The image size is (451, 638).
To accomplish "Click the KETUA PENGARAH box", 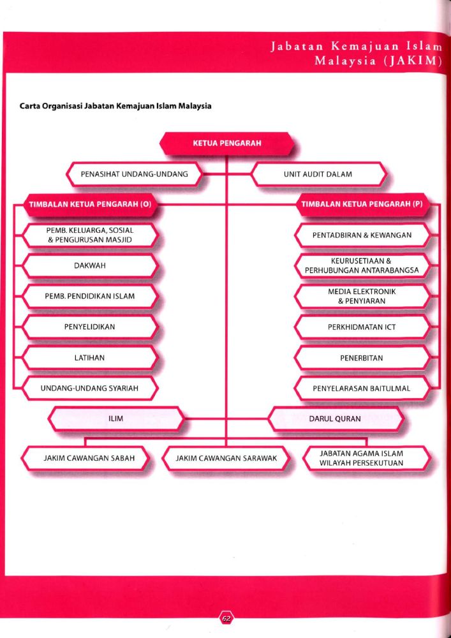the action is (225, 143).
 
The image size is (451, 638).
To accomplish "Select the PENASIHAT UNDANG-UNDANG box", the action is (134, 174).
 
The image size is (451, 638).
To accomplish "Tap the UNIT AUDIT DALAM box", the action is (318, 174).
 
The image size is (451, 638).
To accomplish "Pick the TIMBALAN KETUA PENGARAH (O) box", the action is (89, 204).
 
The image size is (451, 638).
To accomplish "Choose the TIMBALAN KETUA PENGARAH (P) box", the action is (361, 204).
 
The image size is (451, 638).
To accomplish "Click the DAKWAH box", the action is (89, 265).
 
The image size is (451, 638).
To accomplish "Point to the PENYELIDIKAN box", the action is (89, 327).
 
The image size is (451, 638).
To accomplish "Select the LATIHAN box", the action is (89, 358).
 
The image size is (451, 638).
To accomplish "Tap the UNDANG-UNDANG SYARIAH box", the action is (89, 389).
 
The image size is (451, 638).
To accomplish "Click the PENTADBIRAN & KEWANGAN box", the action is (362, 235).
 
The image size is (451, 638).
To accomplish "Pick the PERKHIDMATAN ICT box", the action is (362, 327).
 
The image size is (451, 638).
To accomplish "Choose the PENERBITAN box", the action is (362, 358).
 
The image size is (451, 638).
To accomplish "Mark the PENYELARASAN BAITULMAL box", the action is (362, 389).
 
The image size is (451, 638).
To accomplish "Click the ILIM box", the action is (116, 419).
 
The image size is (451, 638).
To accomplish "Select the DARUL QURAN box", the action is (335, 419).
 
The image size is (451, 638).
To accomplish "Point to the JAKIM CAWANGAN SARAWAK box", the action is (226, 458).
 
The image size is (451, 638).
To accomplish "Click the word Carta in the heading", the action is (30, 107).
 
